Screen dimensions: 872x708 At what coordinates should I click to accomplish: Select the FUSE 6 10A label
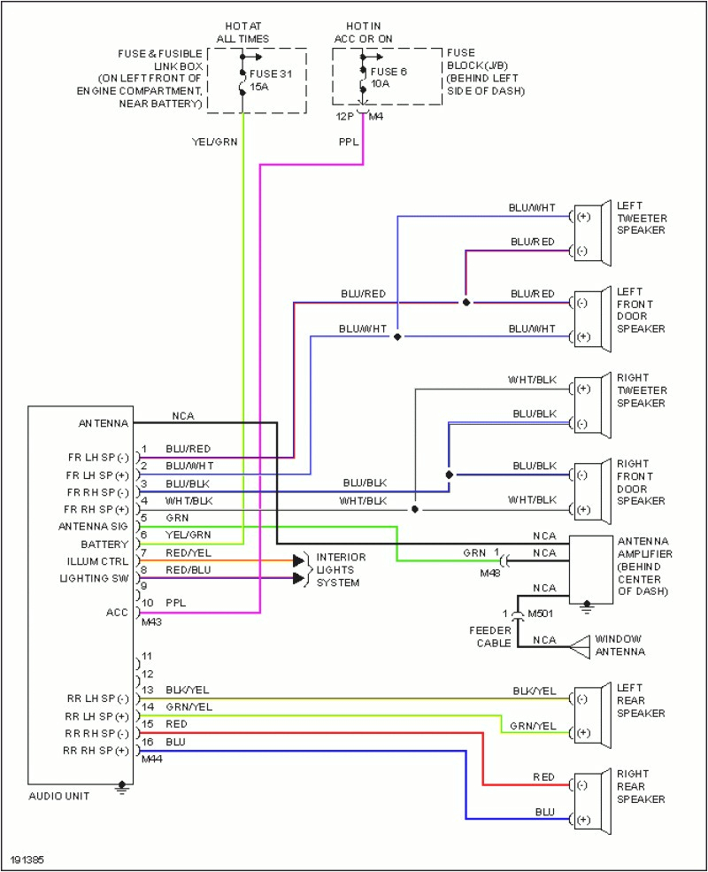tap(389, 77)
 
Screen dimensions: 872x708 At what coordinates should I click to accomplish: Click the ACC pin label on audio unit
tap(117, 612)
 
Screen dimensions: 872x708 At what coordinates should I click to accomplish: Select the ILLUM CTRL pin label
tap(97, 561)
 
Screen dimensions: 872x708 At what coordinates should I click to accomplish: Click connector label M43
tap(151, 621)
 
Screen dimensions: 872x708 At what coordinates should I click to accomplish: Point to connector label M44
tap(151, 759)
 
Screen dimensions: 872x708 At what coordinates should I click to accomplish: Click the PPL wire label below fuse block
tap(349, 141)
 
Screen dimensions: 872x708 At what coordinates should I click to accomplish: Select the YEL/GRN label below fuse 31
tap(215, 141)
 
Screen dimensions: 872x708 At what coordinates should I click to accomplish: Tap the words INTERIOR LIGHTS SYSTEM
tap(340, 569)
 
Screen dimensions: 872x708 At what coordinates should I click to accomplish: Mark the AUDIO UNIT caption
tap(59, 796)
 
